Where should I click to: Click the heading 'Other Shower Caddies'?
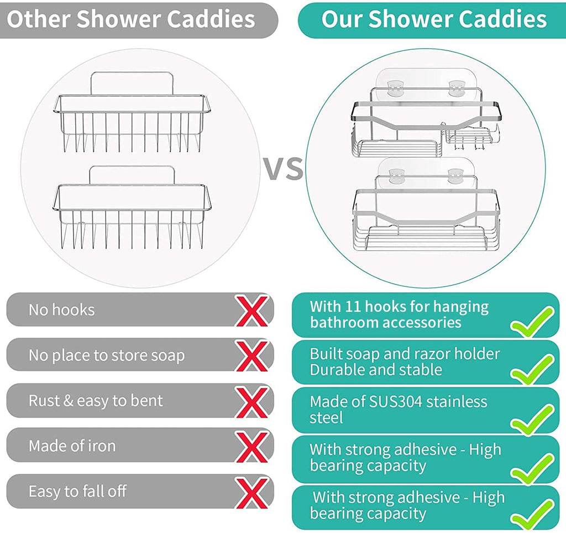(131, 19)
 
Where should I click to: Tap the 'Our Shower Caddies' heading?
(434, 19)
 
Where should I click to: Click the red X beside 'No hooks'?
(251, 311)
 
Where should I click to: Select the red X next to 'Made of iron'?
(251, 446)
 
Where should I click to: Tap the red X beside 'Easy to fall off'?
(251, 491)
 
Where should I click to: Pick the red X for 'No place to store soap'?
(251, 356)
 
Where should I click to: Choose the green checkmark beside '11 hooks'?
(532, 323)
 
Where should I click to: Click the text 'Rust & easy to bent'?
(96, 401)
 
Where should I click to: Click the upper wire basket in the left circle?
(133, 125)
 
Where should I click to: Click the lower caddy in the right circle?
(426, 216)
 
